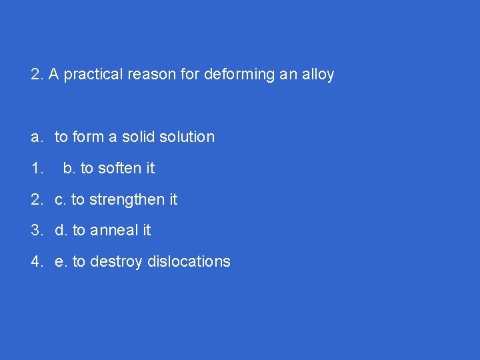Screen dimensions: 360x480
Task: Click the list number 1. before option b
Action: pos(37,169)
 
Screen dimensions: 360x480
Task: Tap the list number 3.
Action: pos(37,231)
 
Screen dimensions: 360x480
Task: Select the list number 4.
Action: pos(37,262)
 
